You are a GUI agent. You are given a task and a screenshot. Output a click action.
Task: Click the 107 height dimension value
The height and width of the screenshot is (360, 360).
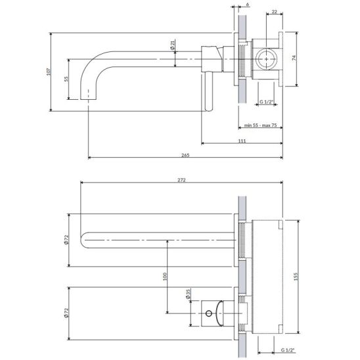(48, 72)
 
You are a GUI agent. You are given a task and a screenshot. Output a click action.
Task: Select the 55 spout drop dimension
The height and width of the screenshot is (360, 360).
(66, 79)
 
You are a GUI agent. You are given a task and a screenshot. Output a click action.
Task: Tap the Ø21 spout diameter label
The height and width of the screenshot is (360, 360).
(172, 45)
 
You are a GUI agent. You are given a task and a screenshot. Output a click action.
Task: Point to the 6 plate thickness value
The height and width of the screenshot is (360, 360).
(247, 4)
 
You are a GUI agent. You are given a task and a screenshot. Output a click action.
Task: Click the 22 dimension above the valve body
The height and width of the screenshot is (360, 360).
(275, 11)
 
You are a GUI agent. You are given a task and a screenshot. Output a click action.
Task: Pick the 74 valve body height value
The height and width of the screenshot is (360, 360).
(294, 58)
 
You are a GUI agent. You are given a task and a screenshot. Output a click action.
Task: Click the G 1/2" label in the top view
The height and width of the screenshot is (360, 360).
(267, 102)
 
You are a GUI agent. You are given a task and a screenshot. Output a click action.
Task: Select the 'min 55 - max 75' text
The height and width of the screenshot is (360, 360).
(260, 125)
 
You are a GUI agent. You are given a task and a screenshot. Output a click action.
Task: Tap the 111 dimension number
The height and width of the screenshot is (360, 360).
(242, 141)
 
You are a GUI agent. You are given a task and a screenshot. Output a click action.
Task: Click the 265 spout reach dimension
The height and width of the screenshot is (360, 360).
(185, 155)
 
